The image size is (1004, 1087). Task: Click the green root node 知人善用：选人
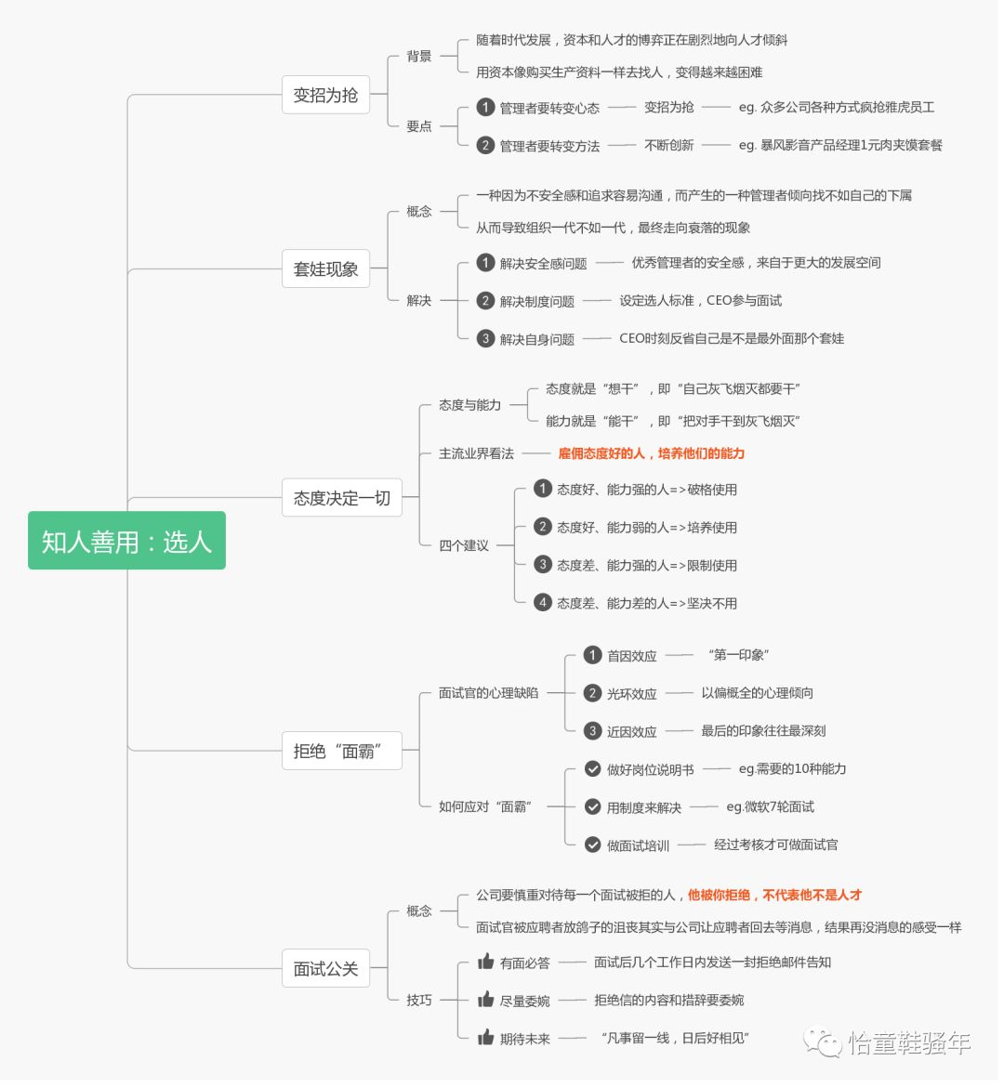126,541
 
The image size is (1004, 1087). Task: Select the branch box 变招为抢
325,95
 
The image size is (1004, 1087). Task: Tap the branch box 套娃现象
325,269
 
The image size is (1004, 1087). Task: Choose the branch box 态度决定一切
341,498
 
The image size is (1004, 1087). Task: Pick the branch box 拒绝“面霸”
341,751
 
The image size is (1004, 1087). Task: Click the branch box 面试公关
325,969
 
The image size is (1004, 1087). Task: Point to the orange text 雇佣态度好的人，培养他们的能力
651,453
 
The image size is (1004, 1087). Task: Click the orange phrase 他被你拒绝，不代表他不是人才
774,895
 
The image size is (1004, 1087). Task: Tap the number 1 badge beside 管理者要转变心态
485,107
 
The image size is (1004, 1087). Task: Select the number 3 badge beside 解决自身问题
485,338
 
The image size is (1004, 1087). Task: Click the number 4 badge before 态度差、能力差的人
543,602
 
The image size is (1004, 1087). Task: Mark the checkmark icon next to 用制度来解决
592,806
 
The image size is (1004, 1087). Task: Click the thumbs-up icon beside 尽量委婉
485,1000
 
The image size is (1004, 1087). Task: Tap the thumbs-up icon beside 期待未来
485,1038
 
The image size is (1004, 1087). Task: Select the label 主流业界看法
476,453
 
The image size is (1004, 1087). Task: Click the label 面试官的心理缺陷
488,692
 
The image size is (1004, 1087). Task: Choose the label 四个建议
464,545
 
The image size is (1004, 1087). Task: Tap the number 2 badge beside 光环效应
592,692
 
